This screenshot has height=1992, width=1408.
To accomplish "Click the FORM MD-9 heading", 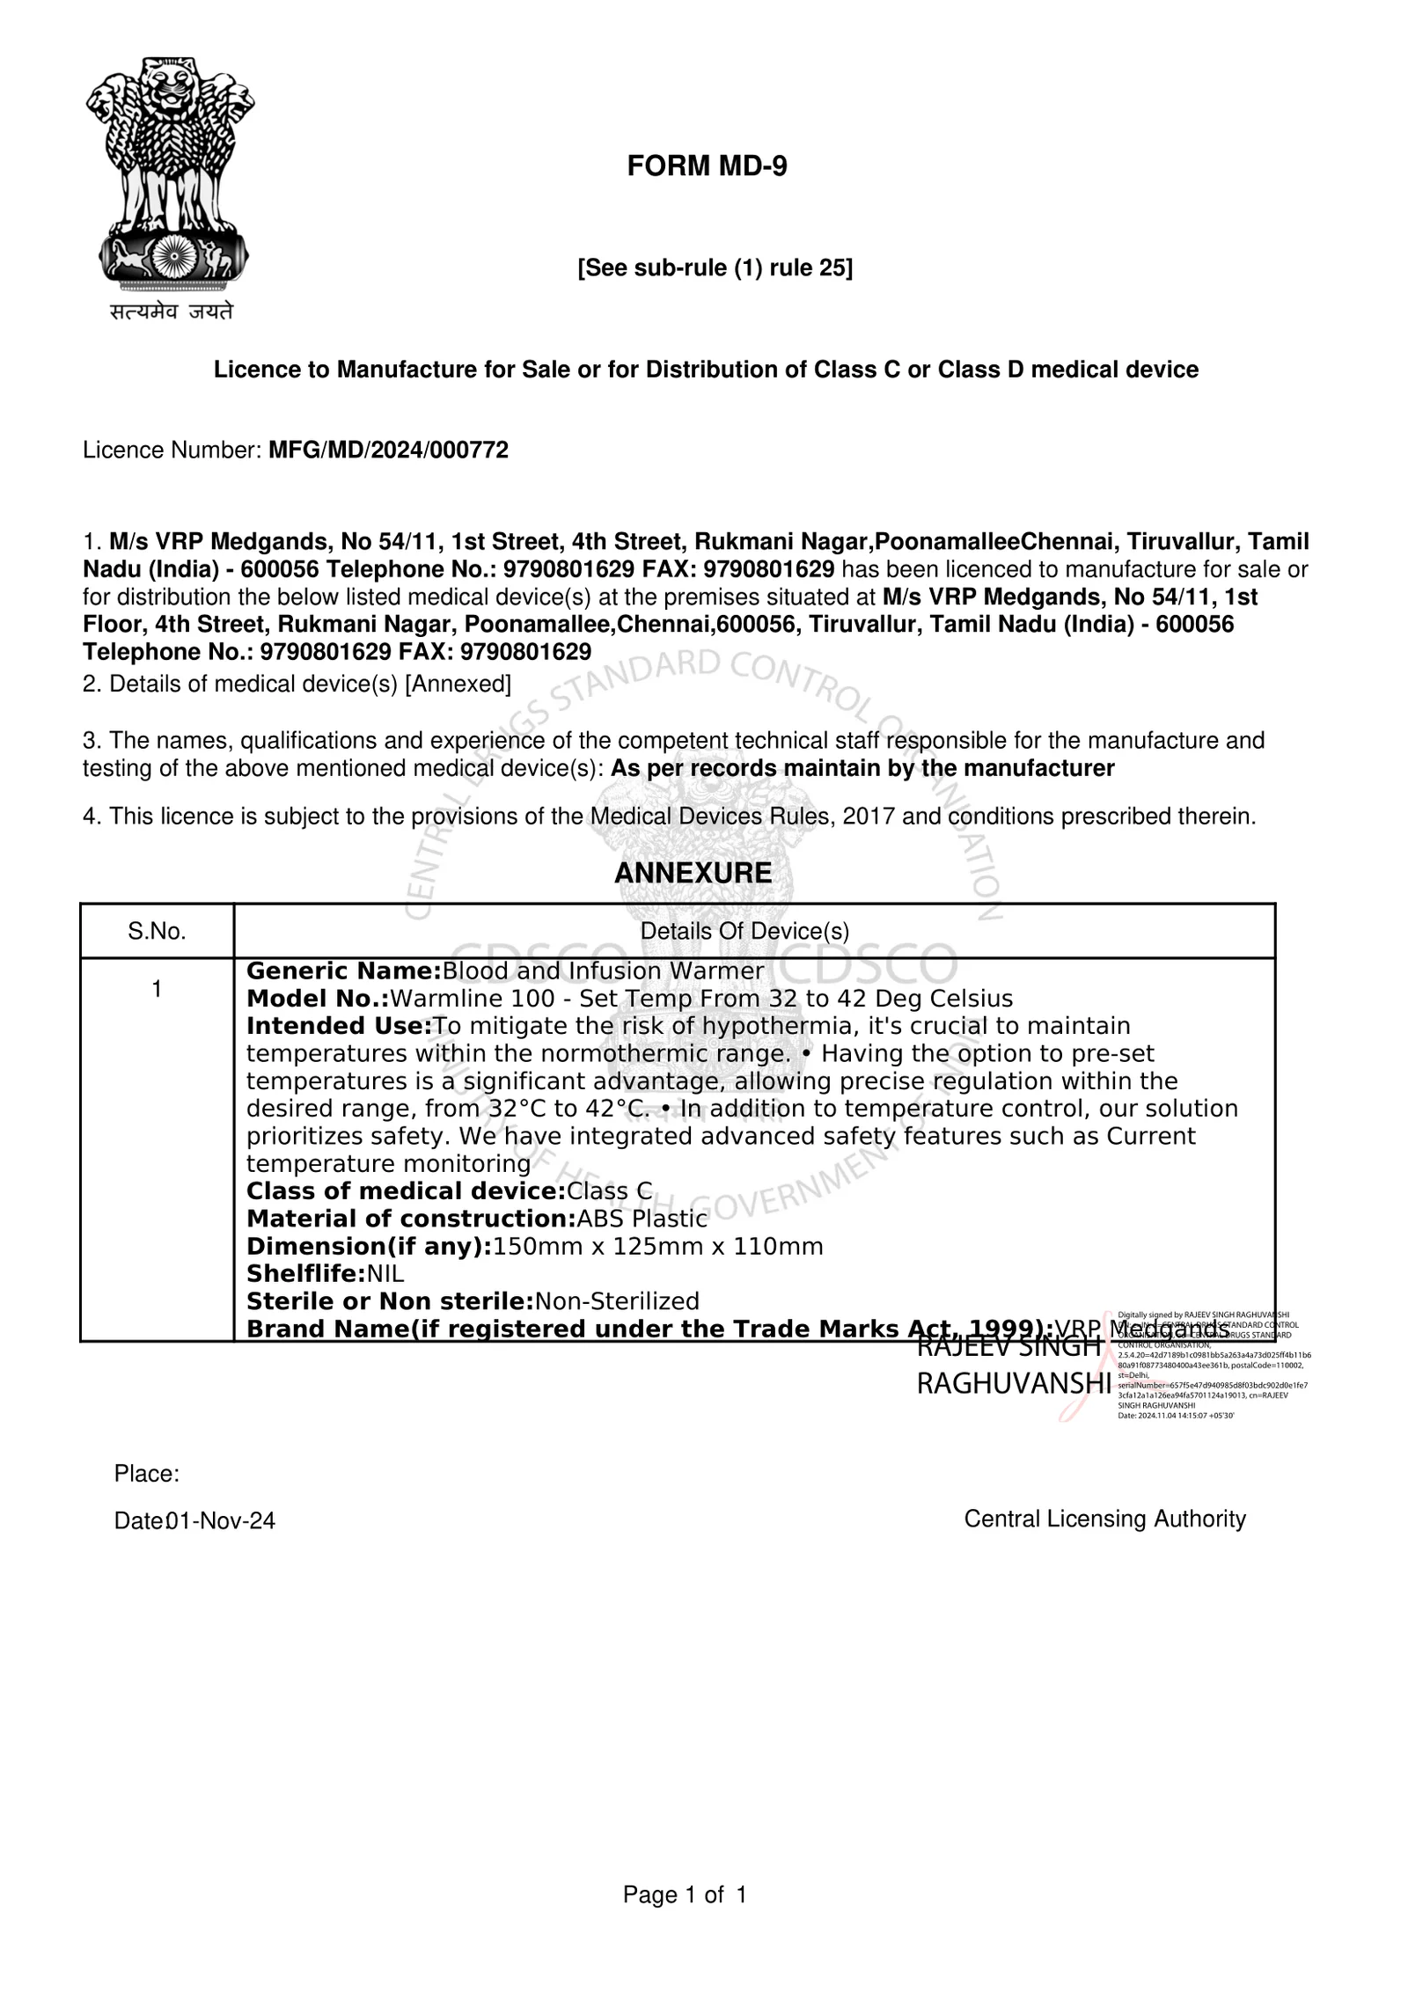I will [707, 165].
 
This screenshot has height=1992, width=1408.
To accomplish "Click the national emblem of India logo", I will [170, 176].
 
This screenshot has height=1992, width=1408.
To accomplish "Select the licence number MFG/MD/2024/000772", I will [388, 450].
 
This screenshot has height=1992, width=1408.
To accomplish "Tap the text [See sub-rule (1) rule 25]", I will [715, 267].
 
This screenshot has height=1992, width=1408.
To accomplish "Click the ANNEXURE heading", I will [693, 873].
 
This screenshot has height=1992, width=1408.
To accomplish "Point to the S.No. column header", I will [157, 931].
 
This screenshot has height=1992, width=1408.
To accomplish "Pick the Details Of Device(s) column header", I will [744, 931].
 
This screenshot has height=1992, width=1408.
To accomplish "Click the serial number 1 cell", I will [157, 989].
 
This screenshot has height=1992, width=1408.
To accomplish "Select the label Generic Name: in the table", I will [343, 971].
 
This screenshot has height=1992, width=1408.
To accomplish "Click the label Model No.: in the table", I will [318, 999].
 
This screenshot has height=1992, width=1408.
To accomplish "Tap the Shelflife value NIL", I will [385, 1273].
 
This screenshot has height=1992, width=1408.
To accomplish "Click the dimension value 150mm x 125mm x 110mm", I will [657, 1246].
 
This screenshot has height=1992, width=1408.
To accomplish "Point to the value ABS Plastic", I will [642, 1219].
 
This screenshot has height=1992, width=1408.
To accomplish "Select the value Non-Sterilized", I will [617, 1300].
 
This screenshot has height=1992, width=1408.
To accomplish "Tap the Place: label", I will [147, 1474].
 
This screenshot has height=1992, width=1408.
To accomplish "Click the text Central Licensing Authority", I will [1104, 1519].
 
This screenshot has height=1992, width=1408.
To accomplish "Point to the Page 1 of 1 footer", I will [685, 1894].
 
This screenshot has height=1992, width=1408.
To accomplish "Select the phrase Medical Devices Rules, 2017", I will [743, 817].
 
